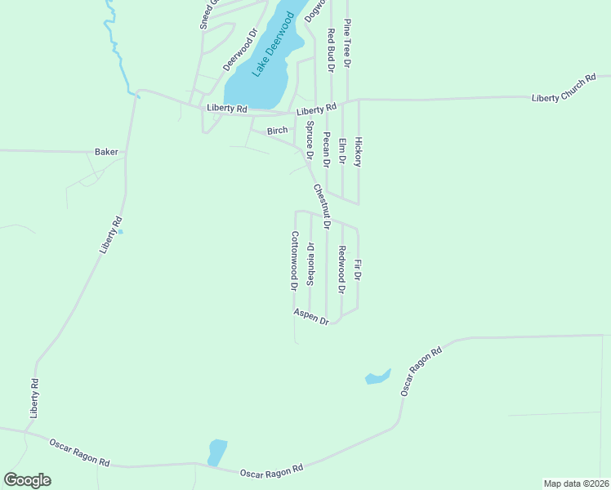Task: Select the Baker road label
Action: pyautogui.click(x=106, y=152)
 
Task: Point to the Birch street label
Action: pyautogui.click(x=278, y=131)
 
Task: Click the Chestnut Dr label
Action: pyautogui.click(x=321, y=206)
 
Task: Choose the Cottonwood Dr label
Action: pyautogui.click(x=293, y=261)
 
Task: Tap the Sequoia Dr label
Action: pyautogui.click(x=310, y=264)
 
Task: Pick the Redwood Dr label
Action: pyautogui.click(x=342, y=269)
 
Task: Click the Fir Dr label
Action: pyautogui.click(x=358, y=270)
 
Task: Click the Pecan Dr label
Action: pyautogui.click(x=326, y=149)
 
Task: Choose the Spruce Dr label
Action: pyautogui.click(x=310, y=140)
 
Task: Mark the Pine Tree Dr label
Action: pyautogui.click(x=347, y=42)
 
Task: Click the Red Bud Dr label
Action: pyautogui.click(x=331, y=48)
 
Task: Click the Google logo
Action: pyautogui.click(x=28, y=480)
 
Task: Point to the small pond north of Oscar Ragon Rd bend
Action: pyautogui.click(x=377, y=377)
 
